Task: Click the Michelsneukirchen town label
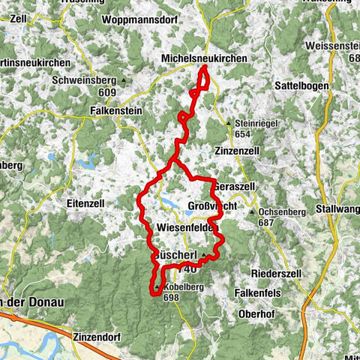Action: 203,58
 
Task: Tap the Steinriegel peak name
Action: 255,123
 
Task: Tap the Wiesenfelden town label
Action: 187,226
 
